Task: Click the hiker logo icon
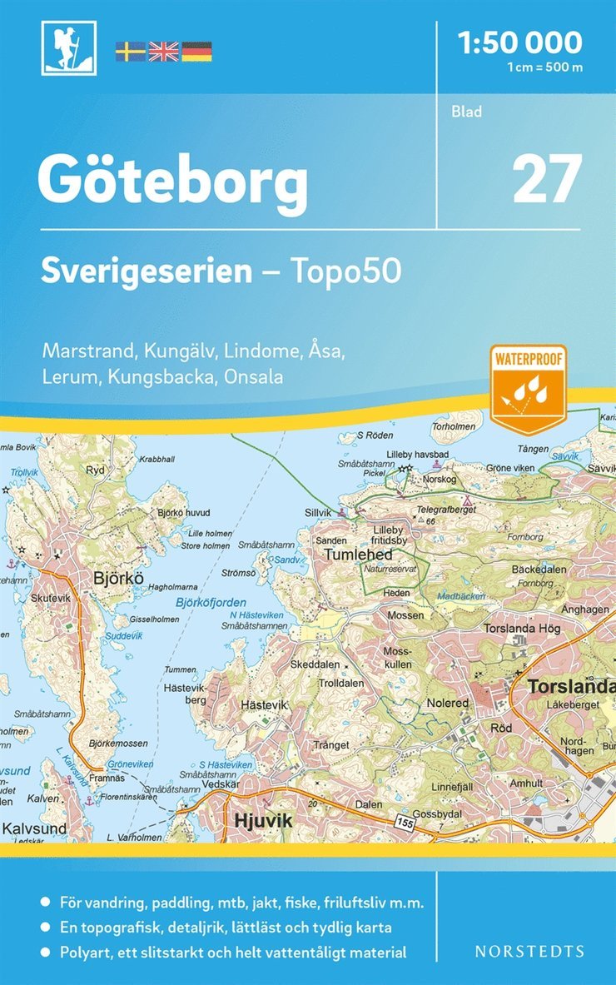(68, 48)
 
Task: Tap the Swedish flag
(129, 52)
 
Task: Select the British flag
(163, 52)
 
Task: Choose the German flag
(196, 52)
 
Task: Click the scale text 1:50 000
(520, 42)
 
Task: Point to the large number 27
(546, 179)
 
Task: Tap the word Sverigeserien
(147, 271)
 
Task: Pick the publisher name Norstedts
(529, 951)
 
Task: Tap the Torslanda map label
(569, 689)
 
